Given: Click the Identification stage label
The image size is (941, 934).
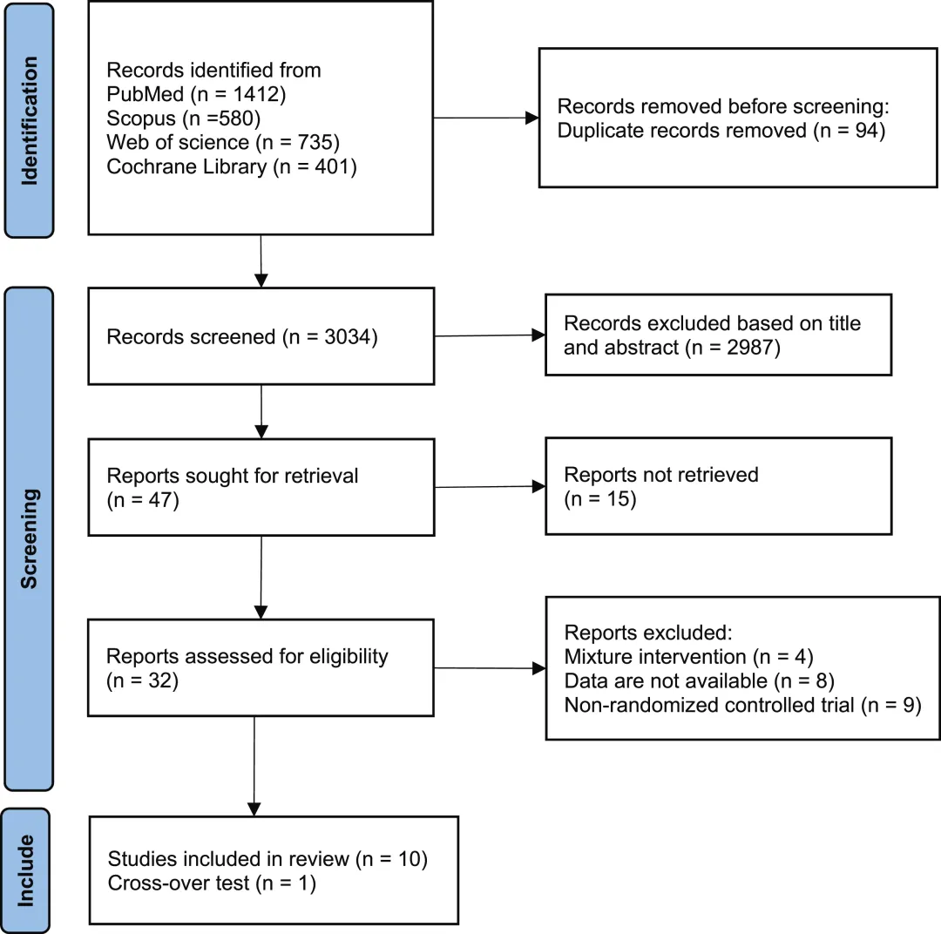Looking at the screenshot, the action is pyautogui.click(x=30, y=120).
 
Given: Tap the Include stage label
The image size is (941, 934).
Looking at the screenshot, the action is pyautogui.click(x=26, y=870).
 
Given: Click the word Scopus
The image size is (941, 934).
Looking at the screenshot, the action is pyautogui.click(x=141, y=118).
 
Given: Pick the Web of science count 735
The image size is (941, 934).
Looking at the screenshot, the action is pyautogui.click(x=315, y=142).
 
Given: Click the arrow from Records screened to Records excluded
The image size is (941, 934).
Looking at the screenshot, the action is pyautogui.click(x=490, y=335).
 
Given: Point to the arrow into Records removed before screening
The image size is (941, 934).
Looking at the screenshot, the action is pyautogui.click(x=486, y=118).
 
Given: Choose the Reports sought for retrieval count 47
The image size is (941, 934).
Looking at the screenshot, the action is pyautogui.click(x=160, y=500).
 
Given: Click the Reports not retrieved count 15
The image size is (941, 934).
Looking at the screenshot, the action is pyautogui.click(x=618, y=499).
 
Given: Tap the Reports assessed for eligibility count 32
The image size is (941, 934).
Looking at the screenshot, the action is pyautogui.click(x=159, y=680).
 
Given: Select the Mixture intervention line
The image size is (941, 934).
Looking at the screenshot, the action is pyautogui.click(x=689, y=657).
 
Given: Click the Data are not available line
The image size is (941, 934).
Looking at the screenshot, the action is pyautogui.click(x=700, y=680).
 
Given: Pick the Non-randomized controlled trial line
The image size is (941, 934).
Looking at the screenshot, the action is pyautogui.click(x=743, y=705).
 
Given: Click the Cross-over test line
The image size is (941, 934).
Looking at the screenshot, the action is pyautogui.click(x=212, y=883).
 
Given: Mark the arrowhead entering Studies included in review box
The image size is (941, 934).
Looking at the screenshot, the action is pyautogui.click(x=254, y=809).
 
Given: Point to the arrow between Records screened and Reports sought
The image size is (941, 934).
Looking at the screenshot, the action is pyautogui.click(x=261, y=412).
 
